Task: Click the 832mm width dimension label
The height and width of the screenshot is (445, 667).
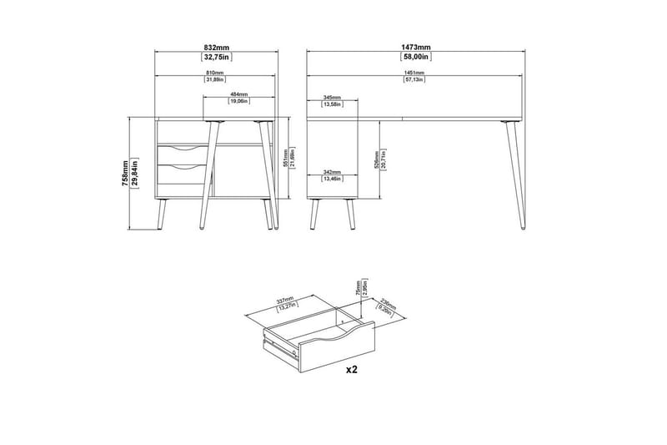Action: [x=217, y=48]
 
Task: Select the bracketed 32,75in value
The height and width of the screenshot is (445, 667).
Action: [x=217, y=58]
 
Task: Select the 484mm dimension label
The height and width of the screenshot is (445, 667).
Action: [x=238, y=94]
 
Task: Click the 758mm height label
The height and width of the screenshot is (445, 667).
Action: [x=125, y=174]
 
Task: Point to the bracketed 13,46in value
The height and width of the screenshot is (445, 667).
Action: [x=331, y=179]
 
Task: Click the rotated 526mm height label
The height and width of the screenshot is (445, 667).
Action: [x=376, y=158]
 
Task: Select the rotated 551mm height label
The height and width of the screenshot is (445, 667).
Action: [x=285, y=158]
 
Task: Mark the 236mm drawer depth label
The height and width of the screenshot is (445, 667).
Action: [x=386, y=306]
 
